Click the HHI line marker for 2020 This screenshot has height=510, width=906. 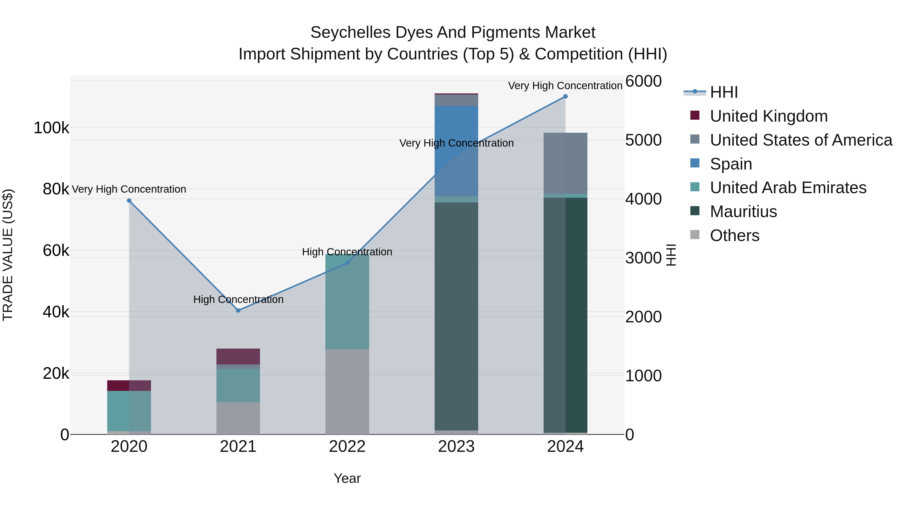[x=129, y=201]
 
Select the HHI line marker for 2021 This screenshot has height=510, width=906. [x=238, y=311]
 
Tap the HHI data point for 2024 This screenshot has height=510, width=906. [x=565, y=96]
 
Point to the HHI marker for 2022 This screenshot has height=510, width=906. [x=347, y=263]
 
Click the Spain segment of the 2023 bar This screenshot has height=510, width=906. [x=456, y=151]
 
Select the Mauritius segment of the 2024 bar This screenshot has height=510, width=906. [x=565, y=315]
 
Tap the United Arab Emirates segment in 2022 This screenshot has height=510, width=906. [x=347, y=302]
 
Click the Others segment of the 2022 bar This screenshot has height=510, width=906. [x=347, y=391]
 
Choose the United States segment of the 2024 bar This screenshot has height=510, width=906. [x=565, y=163]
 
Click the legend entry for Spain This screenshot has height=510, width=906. [x=731, y=164]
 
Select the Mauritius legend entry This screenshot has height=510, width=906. [x=743, y=212]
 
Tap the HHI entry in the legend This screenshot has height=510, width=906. [x=724, y=92]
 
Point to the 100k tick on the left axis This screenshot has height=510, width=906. [x=51, y=128]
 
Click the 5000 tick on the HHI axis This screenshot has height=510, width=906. [x=643, y=140]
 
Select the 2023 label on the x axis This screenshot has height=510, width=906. [x=456, y=447]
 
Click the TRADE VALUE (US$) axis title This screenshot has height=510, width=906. [x=8, y=255]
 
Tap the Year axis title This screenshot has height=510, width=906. [x=347, y=478]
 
